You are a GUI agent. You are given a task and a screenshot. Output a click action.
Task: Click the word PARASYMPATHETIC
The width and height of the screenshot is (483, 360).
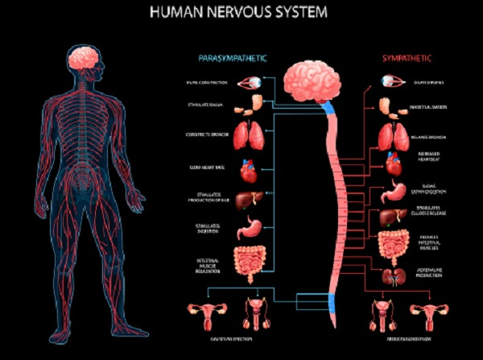tap(232, 58)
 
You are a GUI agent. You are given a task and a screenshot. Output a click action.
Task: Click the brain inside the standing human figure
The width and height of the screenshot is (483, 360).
tap(85, 56)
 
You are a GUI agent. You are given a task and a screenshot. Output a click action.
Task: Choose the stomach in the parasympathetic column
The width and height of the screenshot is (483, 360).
tap(248, 229)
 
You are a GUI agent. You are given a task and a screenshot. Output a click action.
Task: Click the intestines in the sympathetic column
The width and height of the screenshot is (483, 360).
tap(394, 243)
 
